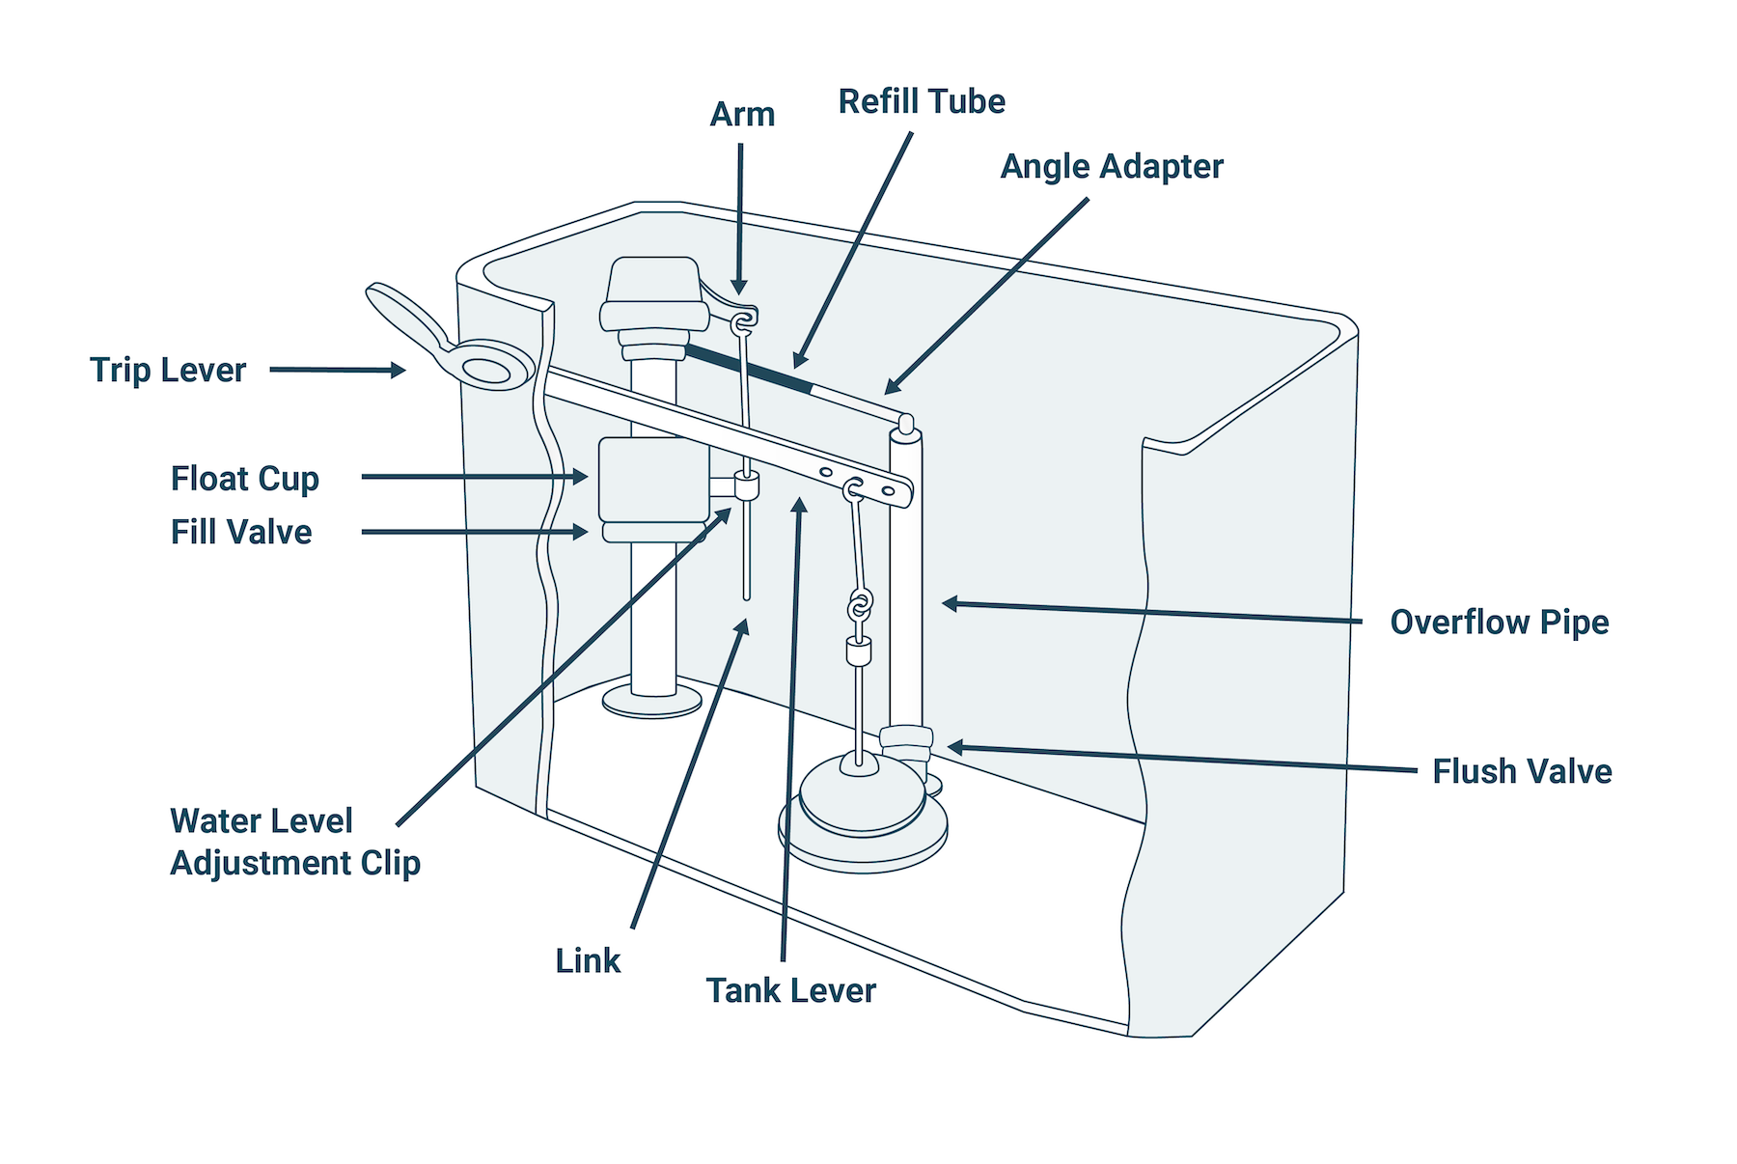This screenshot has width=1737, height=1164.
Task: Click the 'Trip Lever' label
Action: (168, 371)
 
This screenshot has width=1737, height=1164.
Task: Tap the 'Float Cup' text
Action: (244, 479)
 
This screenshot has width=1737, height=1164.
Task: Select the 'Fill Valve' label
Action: (241, 532)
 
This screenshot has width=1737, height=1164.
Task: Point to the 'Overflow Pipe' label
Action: (1499, 623)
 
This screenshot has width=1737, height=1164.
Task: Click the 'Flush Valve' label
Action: (1521, 771)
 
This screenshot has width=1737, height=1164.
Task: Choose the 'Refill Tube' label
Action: (921, 101)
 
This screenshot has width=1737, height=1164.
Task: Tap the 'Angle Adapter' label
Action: (1111, 166)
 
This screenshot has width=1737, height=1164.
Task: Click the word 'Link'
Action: (588, 960)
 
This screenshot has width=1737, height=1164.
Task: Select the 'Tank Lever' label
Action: (790, 990)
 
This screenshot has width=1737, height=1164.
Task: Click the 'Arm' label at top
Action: (742, 114)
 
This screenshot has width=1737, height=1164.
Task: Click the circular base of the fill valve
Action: (652, 702)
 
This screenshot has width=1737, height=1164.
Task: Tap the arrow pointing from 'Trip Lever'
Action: (337, 370)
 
